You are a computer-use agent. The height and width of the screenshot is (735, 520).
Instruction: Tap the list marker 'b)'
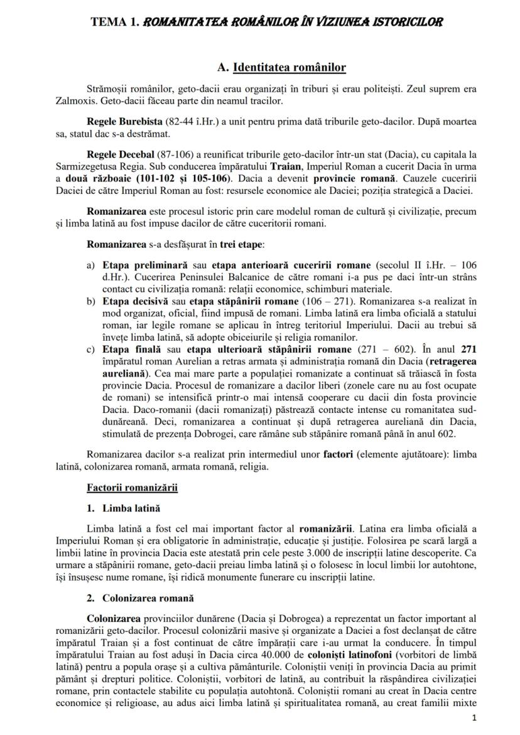pos(92,301)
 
